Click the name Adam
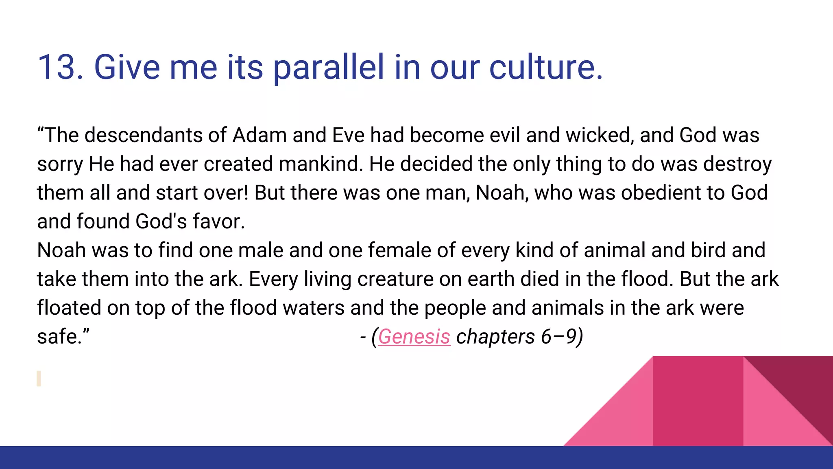tap(259, 135)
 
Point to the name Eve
tap(348, 135)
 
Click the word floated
tap(69, 308)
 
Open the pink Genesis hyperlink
tap(414, 337)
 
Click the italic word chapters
tap(495, 337)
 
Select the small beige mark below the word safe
tap(39, 378)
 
